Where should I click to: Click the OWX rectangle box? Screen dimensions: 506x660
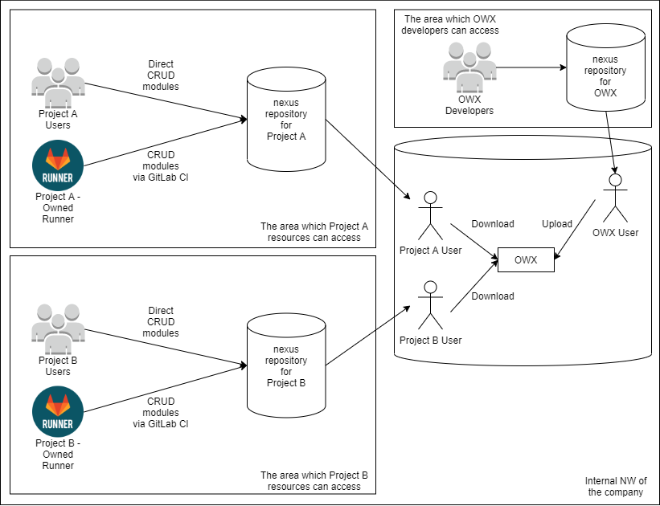pyautogui.click(x=526, y=260)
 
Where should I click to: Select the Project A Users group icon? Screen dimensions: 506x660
pyautogui.click(x=58, y=82)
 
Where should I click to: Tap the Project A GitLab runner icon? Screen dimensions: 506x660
pyautogui.click(x=58, y=165)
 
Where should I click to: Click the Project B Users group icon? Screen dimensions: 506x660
pyautogui.click(x=58, y=329)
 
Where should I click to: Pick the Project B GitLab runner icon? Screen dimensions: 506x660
pyautogui.click(x=58, y=411)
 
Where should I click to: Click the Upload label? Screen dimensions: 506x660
pyautogui.click(x=557, y=224)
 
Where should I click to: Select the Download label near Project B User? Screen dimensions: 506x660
pyautogui.click(x=493, y=296)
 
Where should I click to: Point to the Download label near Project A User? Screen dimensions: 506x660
pyautogui.click(x=493, y=224)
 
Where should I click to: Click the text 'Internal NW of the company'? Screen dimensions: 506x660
pyautogui.click(x=616, y=487)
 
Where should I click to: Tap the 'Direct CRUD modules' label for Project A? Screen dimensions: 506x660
pyautogui.click(x=161, y=75)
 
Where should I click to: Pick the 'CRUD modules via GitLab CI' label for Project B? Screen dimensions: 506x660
pyautogui.click(x=161, y=413)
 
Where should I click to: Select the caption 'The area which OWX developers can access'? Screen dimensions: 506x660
pyautogui.click(x=451, y=24)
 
